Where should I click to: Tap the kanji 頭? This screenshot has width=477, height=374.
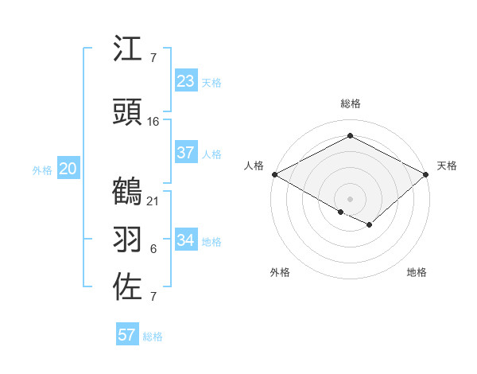[128, 113]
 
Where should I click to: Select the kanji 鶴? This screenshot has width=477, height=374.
[128, 192]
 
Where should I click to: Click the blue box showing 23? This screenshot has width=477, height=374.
[185, 81]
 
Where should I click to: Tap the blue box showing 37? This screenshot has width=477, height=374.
[185, 153]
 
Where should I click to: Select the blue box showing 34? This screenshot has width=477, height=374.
[185, 240]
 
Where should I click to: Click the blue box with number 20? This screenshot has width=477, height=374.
[68, 169]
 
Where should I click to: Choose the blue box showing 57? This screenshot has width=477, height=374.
[126, 335]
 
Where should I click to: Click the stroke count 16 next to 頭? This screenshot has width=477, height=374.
[153, 121]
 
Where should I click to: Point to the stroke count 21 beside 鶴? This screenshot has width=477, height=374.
[153, 201]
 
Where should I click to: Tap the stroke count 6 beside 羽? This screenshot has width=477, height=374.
[153, 249]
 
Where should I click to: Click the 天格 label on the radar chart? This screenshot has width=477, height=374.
[447, 166]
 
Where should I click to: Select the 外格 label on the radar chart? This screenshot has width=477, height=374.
[280, 272]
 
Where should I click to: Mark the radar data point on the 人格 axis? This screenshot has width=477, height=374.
[274, 174]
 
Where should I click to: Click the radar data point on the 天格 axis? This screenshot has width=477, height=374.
[426, 174]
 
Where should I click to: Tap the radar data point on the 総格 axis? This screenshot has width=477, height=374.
[350, 136]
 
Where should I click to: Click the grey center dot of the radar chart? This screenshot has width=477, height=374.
[350, 198]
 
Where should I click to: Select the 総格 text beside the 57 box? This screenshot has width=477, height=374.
[153, 337]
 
